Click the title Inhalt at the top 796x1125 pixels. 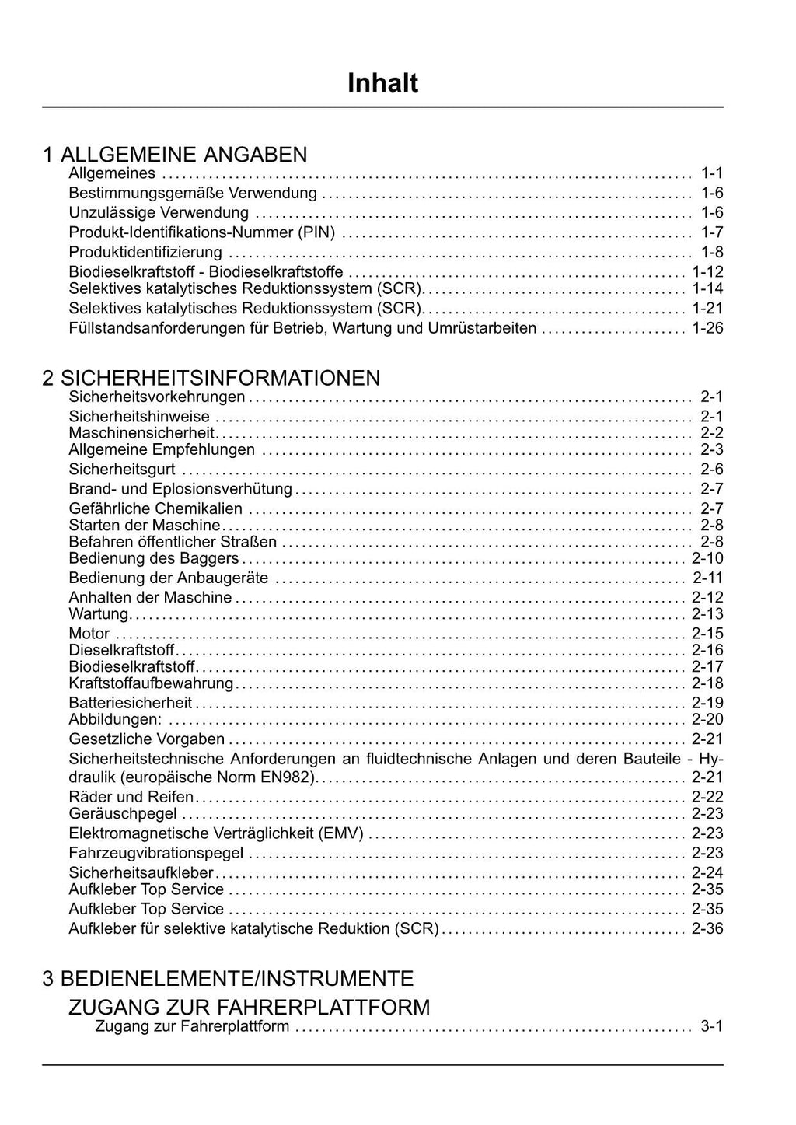point(382,82)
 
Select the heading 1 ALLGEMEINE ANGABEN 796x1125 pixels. point(175,154)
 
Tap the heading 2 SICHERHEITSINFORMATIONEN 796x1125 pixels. point(211,378)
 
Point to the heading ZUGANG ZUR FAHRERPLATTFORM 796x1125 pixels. point(249,1007)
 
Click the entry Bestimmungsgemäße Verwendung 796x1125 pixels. point(193,193)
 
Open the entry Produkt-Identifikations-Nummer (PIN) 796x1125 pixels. point(202,232)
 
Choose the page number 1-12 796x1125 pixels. point(707,271)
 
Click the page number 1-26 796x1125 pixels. point(707,328)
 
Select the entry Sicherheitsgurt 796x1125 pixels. point(122,469)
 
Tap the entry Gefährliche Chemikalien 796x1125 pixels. point(155,508)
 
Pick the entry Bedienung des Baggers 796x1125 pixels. point(154,558)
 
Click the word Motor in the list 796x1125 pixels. point(89,634)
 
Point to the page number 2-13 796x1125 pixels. point(707,614)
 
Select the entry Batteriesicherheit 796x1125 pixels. point(131,703)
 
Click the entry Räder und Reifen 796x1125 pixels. point(131,797)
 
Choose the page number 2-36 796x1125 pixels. point(707,928)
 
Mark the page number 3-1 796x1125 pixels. point(711,1026)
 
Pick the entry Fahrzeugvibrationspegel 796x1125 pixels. point(156,853)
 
